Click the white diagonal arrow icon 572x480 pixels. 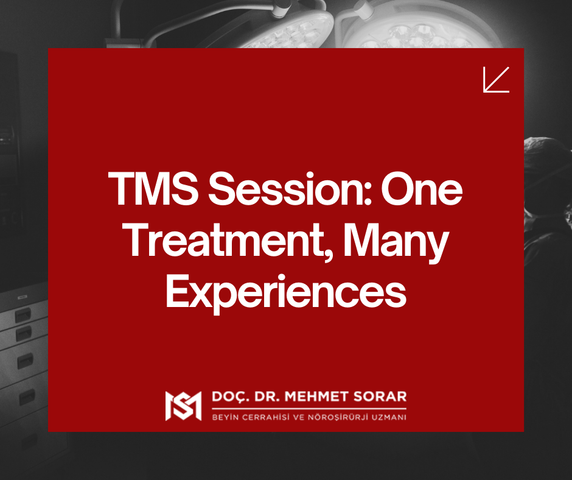pyautogui.click(x=496, y=80)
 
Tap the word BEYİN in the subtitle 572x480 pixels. pyautogui.click(x=223, y=417)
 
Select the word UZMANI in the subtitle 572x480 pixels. pyautogui.click(x=390, y=417)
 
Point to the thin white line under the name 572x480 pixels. pyautogui.click(x=309, y=408)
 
